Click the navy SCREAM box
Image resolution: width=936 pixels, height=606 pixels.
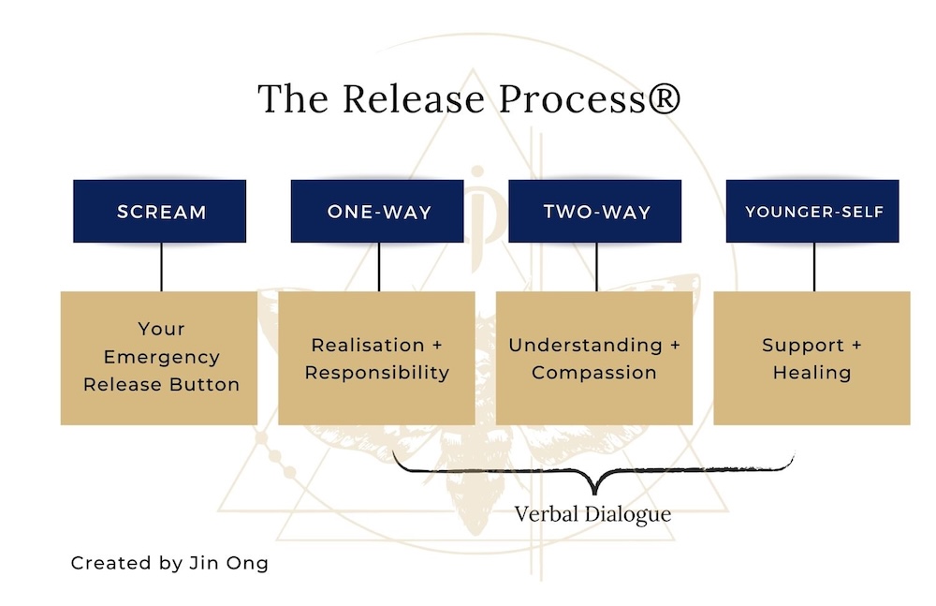pyautogui.click(x=161, y=212)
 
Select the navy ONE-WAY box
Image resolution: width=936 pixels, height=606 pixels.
pyautogui.click(x=378, y=212)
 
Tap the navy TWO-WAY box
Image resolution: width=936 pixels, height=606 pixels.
pyautogui.click(x=595, y=212)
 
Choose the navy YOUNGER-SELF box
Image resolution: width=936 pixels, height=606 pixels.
pyautogui.click(x=813, y=212)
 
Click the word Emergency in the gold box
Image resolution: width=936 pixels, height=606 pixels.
pyautogui.click(x=162, y=357)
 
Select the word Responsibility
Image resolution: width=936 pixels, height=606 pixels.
pyautogui.click(x=377, y=373)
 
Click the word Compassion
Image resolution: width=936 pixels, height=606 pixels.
pyautogui.click(x=594, y=373)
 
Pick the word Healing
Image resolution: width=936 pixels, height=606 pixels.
pyautogui.click(x=812, y=373)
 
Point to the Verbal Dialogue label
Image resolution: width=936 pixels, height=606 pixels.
pyautogui.click(x=593, y=514)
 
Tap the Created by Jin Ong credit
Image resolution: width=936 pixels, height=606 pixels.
pyautogui.click(x=169, y=564)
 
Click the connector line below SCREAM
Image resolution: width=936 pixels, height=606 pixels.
pyautogui.click(x=161, y=267)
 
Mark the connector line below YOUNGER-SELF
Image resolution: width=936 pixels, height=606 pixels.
pyautogui.click(x=813, y=267)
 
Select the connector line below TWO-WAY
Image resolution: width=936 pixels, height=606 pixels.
pyautogui.click(x=595, y=267)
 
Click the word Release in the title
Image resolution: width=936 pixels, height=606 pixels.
pyautogui.click(x=405, y=99)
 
